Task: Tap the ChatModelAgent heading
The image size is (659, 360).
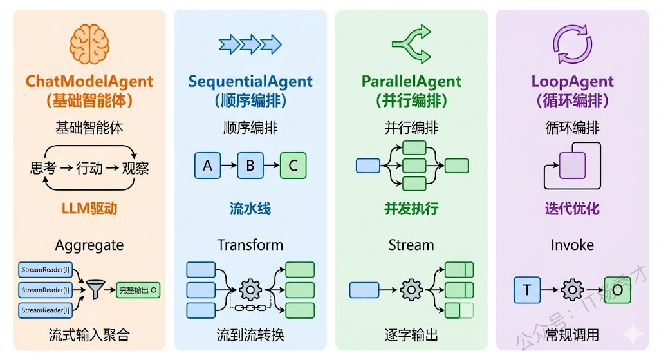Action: click(89, 82)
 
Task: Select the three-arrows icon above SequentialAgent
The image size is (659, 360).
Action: click(250, 44)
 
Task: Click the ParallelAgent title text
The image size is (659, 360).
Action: click(411, 82)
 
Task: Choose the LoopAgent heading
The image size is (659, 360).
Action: click(572, 82)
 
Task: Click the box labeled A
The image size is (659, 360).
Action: click(207, 166)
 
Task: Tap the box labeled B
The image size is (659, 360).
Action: click(250, 166)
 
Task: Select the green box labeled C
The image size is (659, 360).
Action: click(293, 166)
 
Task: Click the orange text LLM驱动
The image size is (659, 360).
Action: click(89, 208)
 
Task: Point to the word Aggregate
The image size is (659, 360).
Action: click(89, 245)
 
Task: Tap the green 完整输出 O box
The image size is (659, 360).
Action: click(138, 290)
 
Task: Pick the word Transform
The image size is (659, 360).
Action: click(250, 245)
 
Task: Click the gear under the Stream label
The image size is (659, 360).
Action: click(411, 290)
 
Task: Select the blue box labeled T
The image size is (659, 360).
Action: click(527, 290)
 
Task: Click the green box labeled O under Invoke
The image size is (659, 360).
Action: click(617, 290)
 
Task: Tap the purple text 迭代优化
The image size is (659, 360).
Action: click(572, 208)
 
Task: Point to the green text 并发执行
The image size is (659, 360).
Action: click(411, 208)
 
